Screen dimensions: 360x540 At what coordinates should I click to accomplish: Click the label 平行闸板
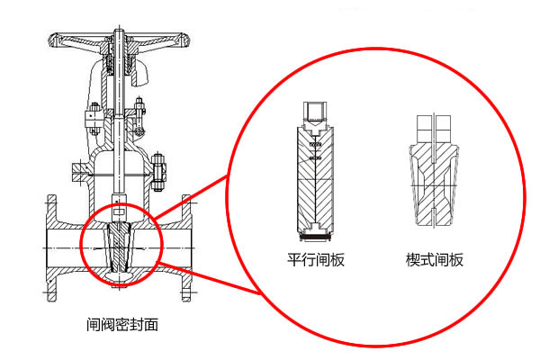point(316,260)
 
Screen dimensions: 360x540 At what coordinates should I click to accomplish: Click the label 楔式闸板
point(435,260)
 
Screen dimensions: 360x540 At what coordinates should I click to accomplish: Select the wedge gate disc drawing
point(434,175)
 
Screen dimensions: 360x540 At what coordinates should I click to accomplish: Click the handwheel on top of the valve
point(121,40)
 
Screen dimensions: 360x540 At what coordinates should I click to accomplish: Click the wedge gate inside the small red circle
point(119,248)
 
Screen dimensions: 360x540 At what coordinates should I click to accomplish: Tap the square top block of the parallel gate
point(316,112)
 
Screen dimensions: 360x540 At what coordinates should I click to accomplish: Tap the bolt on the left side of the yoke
point(93,114)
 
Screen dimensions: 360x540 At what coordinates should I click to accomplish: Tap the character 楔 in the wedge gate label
point(412,260)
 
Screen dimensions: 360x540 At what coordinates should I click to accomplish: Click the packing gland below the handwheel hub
point(121,65)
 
